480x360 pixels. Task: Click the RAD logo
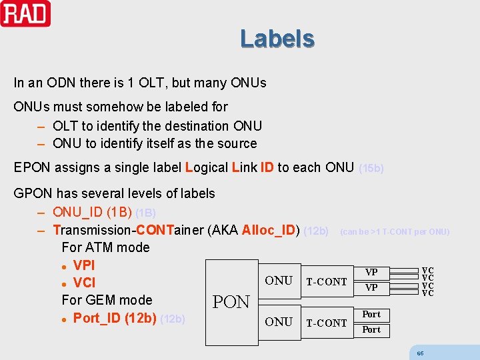[x=25, y=13]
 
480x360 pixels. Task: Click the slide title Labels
[x=277, y=39]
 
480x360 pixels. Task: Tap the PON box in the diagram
[x=231, y=302]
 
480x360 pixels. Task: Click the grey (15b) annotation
[x=371, y=169]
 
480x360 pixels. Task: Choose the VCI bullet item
[x=83, y=282]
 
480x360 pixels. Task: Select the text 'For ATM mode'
[x=105, y=247]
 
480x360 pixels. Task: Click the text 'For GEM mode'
[x=107, y=300]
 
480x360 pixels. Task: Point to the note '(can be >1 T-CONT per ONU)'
[x=395, y=232]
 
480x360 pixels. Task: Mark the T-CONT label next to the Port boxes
[x=326, y=323]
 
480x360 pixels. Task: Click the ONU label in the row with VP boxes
[x=279, y=281]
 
